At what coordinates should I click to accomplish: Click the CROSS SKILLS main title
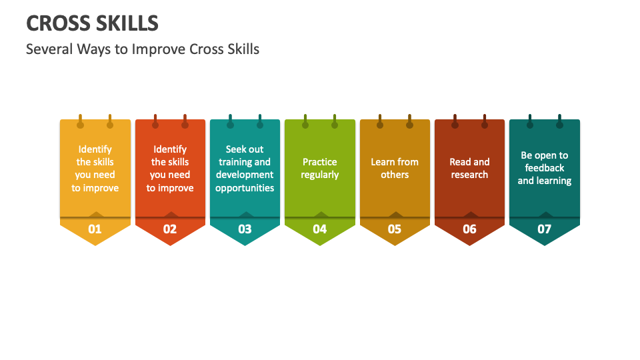click(x=92, y=23)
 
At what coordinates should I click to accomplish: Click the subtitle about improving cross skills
click(x=142, y=49)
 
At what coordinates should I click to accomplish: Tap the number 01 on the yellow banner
click(x=95, y=229)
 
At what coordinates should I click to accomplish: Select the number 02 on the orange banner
click(x=170, y=229)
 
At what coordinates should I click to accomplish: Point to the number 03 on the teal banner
click(x=245, y=229)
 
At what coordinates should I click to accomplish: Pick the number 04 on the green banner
click(x=320, y=229)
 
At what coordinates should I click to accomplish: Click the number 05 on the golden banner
click(x=395, y=229)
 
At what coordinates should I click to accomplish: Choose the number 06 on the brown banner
click(x=469, y=229)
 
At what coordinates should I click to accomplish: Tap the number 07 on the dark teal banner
click(x=545, y=229)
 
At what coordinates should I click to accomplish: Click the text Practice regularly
click(x=320, y=168)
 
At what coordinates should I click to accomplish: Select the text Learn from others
click(x=395, y=168)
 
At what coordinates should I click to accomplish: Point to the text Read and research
click(x=469, y=168)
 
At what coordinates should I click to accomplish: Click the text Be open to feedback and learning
click(x=545, y=168)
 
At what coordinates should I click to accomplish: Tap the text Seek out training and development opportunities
click(x=245, y=169)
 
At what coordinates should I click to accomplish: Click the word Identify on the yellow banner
click(x=95, y=149)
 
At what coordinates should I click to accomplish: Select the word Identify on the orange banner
click(x=170, y=149)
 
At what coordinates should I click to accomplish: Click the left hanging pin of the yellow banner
click(x=80, y=123)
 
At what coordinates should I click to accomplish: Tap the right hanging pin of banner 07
click(x=559, y=123)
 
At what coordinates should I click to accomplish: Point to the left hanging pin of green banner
click(x=305, y=123)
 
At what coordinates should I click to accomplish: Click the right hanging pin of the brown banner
click(x=485, y=123)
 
